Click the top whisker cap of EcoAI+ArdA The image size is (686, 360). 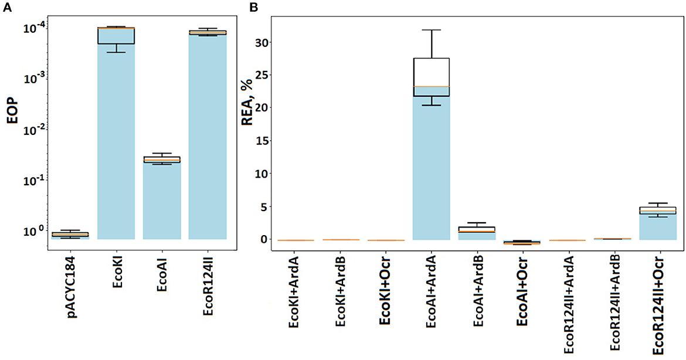coord(432,30)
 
